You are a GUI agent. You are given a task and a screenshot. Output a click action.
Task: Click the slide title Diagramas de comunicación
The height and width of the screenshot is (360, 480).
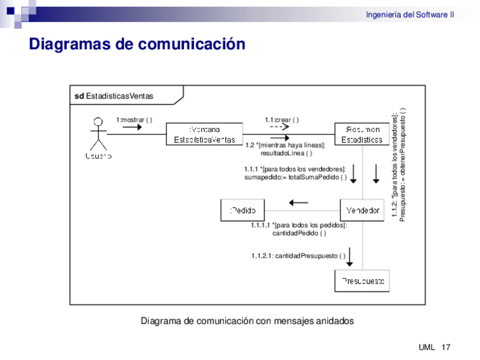pyautogui.click(x=137, y=44)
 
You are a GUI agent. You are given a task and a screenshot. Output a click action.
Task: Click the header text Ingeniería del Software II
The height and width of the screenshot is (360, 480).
pyautogui.click(x=410, y=15)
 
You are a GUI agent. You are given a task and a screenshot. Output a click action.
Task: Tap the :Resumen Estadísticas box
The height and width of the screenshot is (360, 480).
pyautogui.click(x=362, y=134)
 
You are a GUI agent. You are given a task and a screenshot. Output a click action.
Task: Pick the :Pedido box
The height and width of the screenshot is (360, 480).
pyautogui.click(x=242, y=211)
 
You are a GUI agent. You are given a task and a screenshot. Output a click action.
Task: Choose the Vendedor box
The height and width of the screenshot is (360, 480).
pyautogui.click(x=362, y=211)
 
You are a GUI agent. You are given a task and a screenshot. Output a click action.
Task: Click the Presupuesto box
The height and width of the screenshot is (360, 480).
pyautogui.click(x=362, y=281)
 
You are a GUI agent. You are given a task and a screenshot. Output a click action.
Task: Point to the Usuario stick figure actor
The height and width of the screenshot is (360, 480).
pyautogui.click(x=98, y=136)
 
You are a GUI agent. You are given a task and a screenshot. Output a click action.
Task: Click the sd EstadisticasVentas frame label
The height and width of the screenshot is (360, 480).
pyautogui.click(x=114, y=96)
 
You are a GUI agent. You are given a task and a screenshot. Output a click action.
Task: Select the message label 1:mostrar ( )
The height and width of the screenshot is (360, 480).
pyautogui.click(x=134, y=119)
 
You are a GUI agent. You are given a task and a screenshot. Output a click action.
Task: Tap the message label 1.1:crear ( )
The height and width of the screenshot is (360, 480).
pyautogui.click(x=281, y=119)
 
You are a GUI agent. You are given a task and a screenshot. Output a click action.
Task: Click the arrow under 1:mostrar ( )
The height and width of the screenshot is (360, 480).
pyautogui.click(x=132, y=127)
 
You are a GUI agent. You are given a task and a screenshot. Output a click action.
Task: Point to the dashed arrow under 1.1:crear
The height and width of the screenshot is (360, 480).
pyautogui.click(x=280, y=127)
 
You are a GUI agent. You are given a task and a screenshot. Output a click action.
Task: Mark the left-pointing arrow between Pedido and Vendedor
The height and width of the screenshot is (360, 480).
pyautogui.click(x=298, y=202)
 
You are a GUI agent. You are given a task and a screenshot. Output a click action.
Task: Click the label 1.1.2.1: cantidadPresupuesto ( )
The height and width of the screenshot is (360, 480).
pyautogui.click(x=298, y=256)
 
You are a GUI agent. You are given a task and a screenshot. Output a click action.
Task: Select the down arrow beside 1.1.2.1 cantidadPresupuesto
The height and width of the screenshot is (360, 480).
pyautogui.click(x=350, y=256)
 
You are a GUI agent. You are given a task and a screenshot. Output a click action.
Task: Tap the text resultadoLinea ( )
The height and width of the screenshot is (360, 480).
pyautogui.click(x=286, y=153)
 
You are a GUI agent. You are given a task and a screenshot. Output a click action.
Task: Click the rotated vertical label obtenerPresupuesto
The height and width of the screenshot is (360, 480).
pyautogui.click(x=402, y=164)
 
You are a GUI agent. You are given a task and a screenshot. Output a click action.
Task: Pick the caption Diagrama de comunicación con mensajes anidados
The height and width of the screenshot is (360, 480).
pyautogui.click(x=247, y=321)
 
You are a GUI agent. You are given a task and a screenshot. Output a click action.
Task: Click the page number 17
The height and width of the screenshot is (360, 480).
pyautogui.click(x=445, y=347)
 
